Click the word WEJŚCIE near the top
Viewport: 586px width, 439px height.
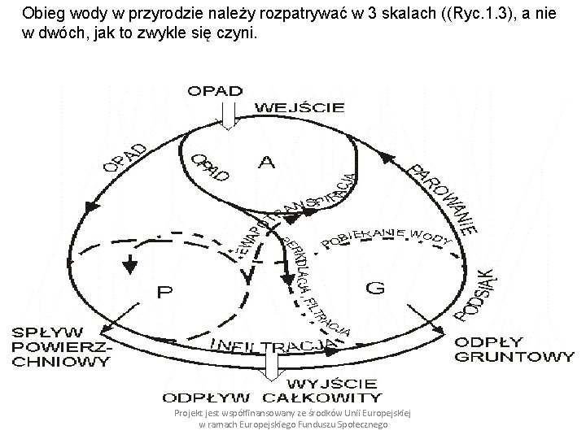coord(301,107)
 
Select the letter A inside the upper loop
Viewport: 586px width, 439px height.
coord(266,163)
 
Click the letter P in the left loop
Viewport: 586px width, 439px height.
coord(164,290)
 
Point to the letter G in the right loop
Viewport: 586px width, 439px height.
coord(375,287)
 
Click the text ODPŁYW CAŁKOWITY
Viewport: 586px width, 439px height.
coord(273,398)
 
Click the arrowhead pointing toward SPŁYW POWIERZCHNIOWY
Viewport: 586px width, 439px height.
coord(105,330)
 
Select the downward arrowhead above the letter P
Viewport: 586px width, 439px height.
coord(127,265)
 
